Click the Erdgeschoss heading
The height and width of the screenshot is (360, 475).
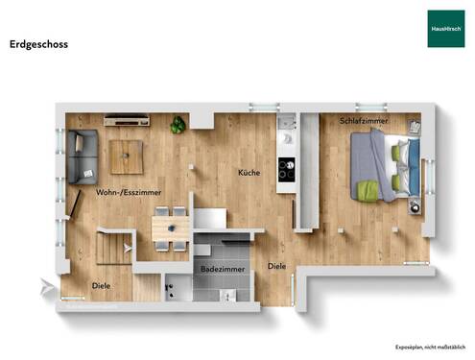[x=38, y=43]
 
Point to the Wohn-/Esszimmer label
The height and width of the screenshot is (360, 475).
[x=128, y=193]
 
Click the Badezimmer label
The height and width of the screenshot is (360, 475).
[x=223, y=271]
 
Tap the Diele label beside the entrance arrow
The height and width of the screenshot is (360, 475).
[x=100, y=285]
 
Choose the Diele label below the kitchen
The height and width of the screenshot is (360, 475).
[x=277, y=266]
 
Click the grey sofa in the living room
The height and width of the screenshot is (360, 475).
[x=81, y=156]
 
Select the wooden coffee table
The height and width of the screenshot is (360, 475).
[x=126, y=156]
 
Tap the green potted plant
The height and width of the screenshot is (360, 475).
[x=178, y=125]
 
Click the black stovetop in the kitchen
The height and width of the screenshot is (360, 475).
[x=286, y=170]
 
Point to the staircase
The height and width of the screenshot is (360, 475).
[x=113, y=249]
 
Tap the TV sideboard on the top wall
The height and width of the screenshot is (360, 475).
[x=127, y=120]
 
